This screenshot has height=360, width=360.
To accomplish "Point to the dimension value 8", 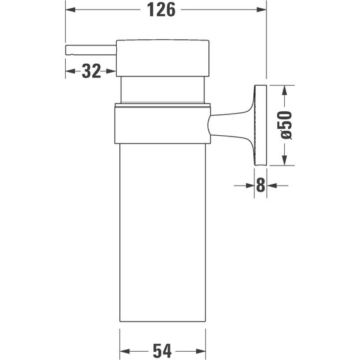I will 260,186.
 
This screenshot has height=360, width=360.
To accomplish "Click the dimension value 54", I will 163,349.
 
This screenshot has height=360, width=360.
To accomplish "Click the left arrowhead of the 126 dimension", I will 69,11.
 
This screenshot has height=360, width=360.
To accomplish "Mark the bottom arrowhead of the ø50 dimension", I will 285,160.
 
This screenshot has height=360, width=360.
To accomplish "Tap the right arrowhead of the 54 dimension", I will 203,349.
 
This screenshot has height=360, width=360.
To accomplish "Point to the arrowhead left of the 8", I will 249,186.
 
